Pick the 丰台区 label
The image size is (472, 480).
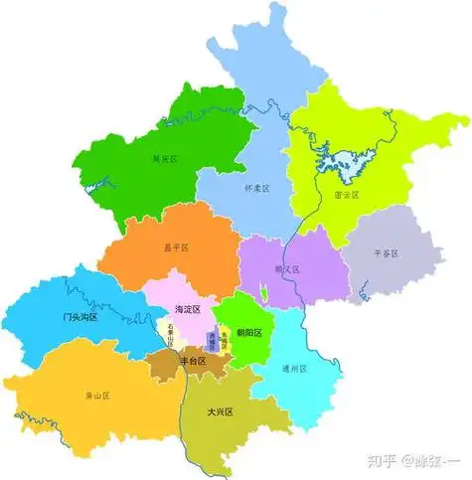tap(192, 362)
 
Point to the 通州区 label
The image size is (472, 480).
tap(294, 369)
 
